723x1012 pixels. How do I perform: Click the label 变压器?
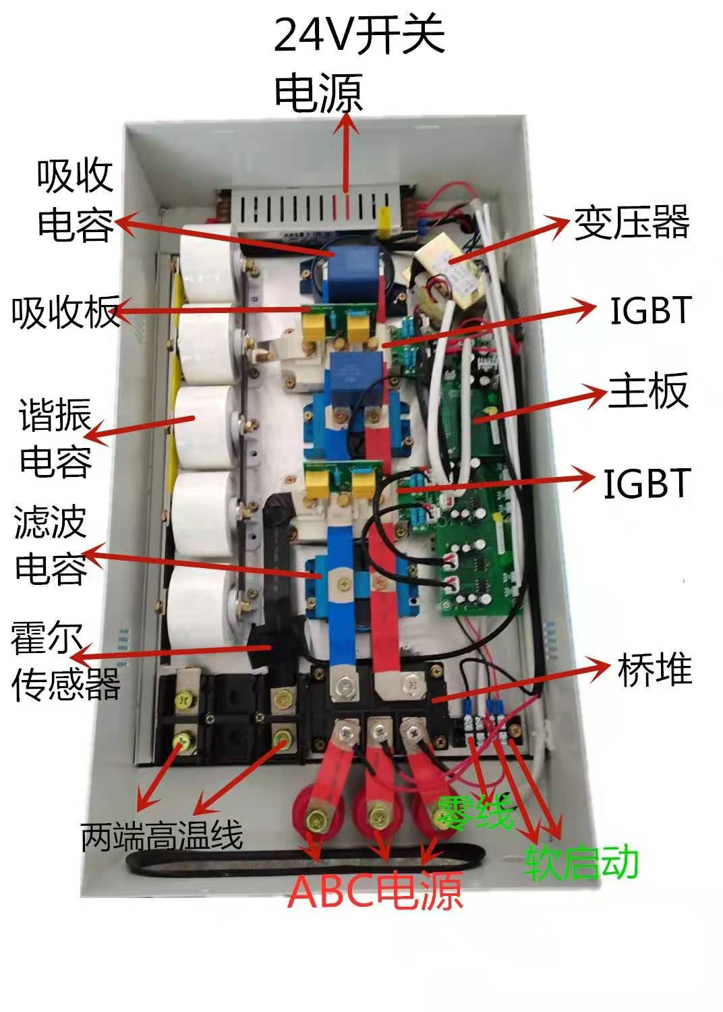[631, 222]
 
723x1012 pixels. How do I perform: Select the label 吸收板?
[65, 311]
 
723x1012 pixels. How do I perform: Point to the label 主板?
[648, 391]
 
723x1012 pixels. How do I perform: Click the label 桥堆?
[654, 669]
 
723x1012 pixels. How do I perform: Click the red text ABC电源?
[375, 891]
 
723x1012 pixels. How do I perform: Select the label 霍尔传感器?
[65, 660]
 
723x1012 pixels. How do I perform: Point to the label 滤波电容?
[51, 544]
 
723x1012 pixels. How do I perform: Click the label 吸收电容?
[74, 200]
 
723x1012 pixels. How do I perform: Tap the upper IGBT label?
[651, 310]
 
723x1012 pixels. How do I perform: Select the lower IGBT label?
[647, 484]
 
